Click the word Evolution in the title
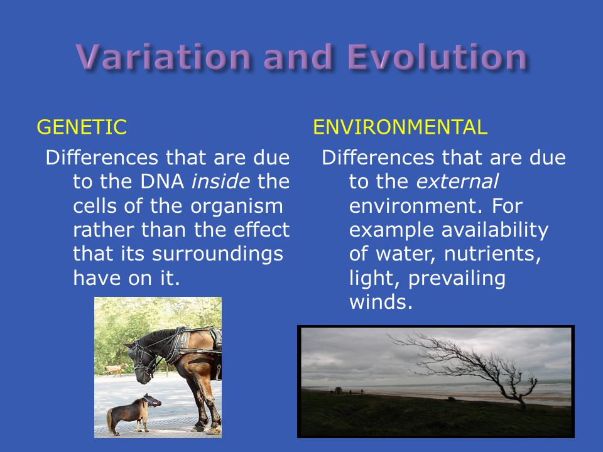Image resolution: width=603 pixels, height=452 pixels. pos(437,57)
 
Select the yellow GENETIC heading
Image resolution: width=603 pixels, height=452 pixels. pos(82,127)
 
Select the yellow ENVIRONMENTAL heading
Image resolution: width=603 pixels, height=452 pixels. pos(400,127)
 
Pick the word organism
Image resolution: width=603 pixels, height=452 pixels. pos(237,207)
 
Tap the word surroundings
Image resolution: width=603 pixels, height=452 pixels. pos(218,255)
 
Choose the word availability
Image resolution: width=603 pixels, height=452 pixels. pos(494,230)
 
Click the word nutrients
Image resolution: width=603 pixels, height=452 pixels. pos(492,254)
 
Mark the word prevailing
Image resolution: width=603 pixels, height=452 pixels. pos(457,279)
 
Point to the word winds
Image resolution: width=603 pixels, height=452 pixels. pos(381,302)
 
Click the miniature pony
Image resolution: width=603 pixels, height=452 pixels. pos(133,414)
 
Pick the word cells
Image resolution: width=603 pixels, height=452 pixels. pos(95,206)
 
